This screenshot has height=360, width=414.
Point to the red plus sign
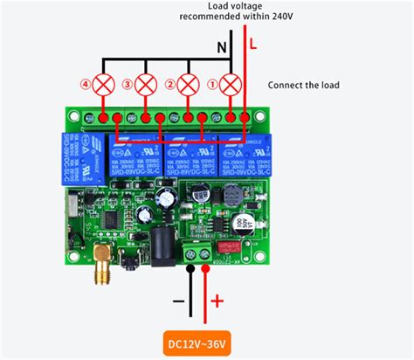coord(217,301)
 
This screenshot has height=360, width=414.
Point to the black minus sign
coord(177,301)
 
